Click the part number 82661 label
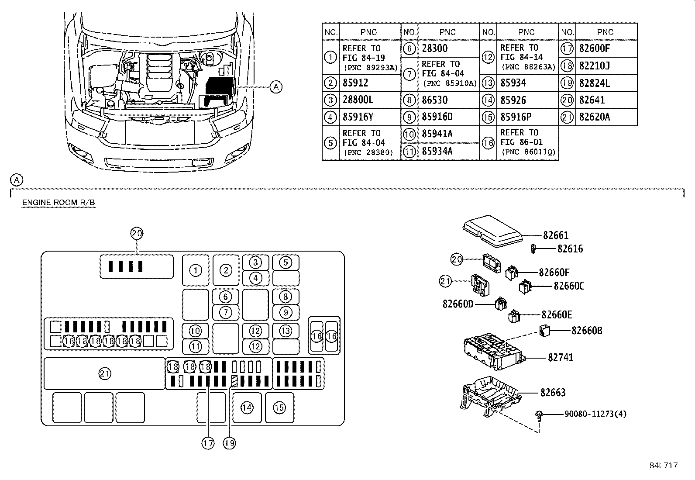pyautogui.click(x=556, y=235)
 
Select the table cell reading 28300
pyautogui.click(x=435, y=48)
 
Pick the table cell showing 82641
pyautogui.click(x=592, y=100)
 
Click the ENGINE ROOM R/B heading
pyautogui.click(x=58, y=203)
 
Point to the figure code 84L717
pyautogui.click(x=663, y=466)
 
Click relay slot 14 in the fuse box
pyautogui.click(x=247, y=408)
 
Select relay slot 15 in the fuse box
pyautogui.click(x=279, y=408)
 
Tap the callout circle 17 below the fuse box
pyautogui.click(x=208, y=443)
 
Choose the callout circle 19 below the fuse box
pyautogui.click(x=229, y=443)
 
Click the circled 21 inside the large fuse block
pyautogui.click(x=105, y=373)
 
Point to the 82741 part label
pyautogui.click(x=561, y=358)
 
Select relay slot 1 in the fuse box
pyautogui.click(x=196, y=270)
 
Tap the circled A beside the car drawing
pyautogui.click(x=276, y=87)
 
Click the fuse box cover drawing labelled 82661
pyautogui.click(x=492, y=230)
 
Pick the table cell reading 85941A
pyautogui.click(x=437, y=134)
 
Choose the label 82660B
pyautogui.click(x=587, y=331)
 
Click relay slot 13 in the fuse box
pyautogui.click(x=286, y=331)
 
